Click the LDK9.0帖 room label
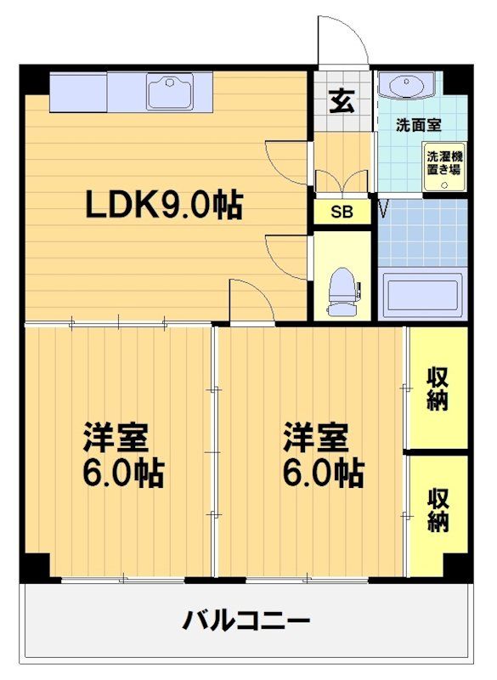pos(163,205)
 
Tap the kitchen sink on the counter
pos(170,90)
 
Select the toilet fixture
pos(342,291)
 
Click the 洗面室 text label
pos(419,124)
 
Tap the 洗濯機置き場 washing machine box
pos(444,162)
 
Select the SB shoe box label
pos(342,211)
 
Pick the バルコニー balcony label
pos(246,620)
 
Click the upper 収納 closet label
pos(438,388)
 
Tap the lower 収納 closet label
pos(438,510)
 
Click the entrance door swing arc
pos(342,38)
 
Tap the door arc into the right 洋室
pos(250,300)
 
